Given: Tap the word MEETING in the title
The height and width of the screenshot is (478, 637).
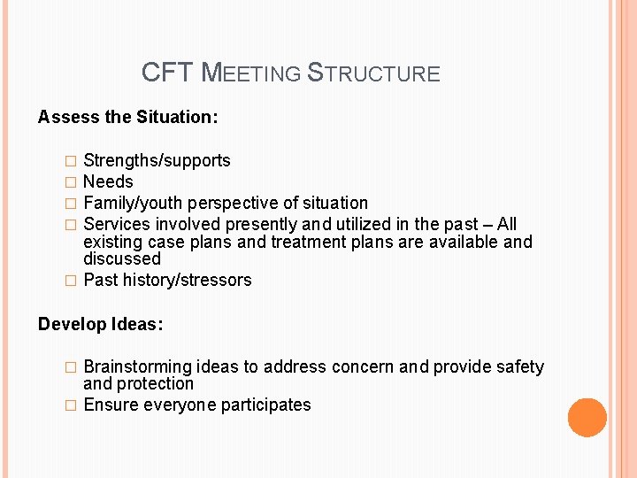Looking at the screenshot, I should click(x=251, y=73).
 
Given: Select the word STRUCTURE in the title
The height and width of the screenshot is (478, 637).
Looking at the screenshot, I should click(x=372, y=73).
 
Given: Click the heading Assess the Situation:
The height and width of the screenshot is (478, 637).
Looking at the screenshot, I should click(x=128, y=117).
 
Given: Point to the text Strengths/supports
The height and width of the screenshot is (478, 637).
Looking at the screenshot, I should click(x=157, y=160).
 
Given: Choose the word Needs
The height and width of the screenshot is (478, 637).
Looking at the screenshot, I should click(x=108, y=181).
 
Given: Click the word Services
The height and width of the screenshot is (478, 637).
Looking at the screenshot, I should click(x=115, y=224).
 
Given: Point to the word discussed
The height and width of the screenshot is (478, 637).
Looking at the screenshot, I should click(x=122, y=258).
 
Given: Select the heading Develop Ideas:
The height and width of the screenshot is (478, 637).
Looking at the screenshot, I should click(x=100, y=324).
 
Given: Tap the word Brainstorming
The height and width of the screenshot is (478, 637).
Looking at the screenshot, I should click(x=137, y=366).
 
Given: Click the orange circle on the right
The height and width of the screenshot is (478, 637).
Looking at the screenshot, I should click(x=587, y=418).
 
